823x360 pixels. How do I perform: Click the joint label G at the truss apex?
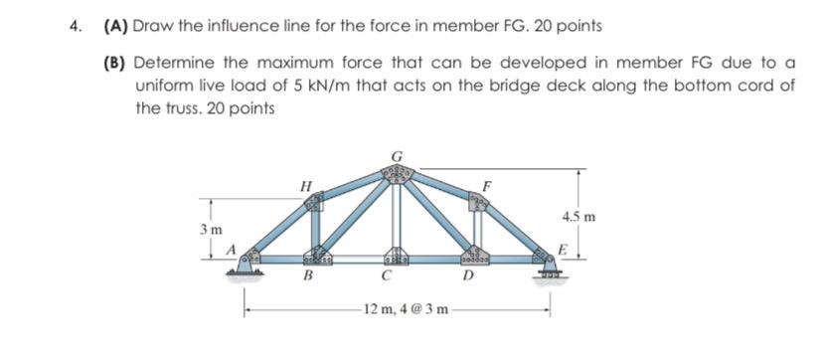pos(397,155)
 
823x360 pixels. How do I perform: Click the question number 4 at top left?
pos(76,25)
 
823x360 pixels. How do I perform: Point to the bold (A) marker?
pos(115,25)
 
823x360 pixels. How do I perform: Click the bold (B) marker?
pos(116,63)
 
